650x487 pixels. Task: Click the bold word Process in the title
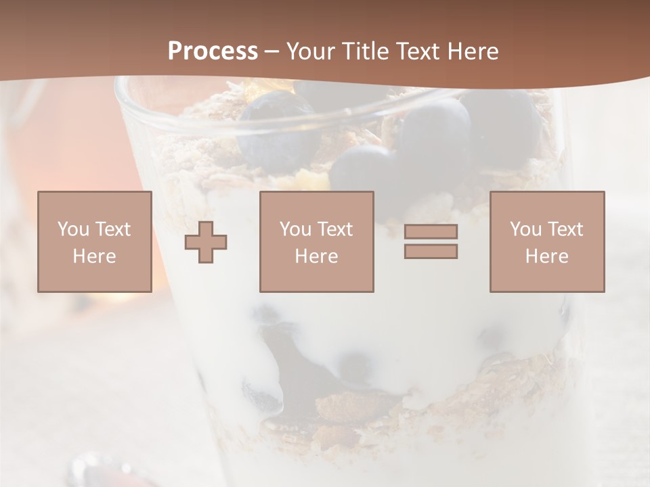click(x=213, y=51)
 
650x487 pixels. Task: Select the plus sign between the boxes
click(x=206, y=242)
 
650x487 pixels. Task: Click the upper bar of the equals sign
click(x=431, y=231)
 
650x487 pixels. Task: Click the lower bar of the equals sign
click(x=431, y=251)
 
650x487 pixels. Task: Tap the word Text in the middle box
click(x=335, y=229)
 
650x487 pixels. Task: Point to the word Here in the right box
click(x=547, y=256)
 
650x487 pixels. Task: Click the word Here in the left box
click(x=95, y=256)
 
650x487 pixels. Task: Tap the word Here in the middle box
click(x=317, y=256)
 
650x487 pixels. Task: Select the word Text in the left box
click(x=113, y=229)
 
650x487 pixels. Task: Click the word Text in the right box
click(x=565, y=229)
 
